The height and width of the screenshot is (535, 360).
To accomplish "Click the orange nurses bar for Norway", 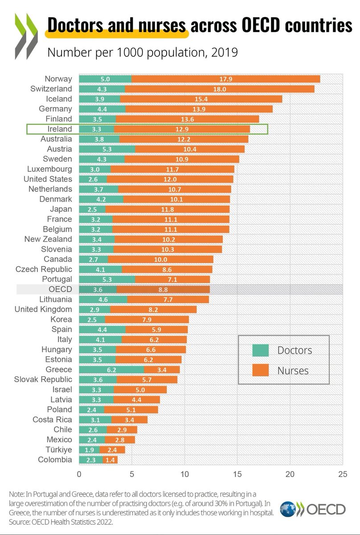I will (225, 79).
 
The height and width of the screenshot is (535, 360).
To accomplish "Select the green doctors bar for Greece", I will (111, 369).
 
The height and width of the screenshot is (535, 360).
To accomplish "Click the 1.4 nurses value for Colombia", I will (110, 460).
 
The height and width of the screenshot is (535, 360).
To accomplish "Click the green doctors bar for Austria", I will (107, 149).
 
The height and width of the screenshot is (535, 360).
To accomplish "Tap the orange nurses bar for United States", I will (170, 179).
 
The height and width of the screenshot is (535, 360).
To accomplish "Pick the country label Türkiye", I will (57, 449).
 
